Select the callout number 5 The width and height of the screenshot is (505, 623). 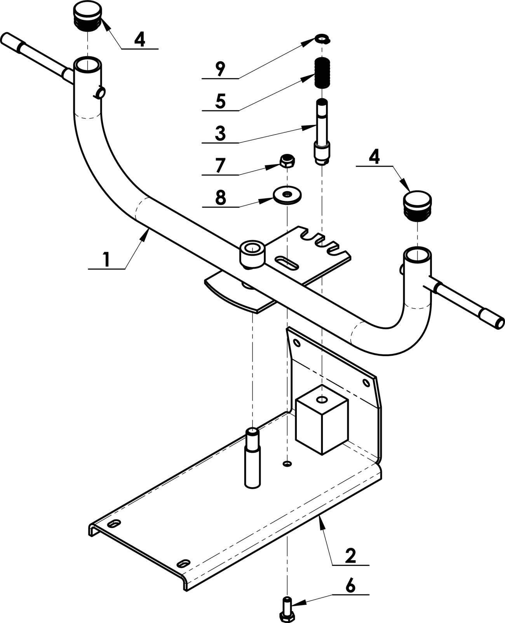[220, 101]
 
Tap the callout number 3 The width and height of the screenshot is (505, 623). [220, 133]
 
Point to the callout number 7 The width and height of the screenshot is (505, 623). [220, 166]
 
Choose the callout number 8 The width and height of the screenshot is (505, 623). [221, 197]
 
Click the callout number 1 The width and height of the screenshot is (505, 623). [106, 260]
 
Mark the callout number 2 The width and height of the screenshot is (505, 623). [350, 556]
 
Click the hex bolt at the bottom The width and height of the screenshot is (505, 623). [287, 609]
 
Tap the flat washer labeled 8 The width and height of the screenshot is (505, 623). [287, 194]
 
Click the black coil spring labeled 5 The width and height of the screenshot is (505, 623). [322, 73]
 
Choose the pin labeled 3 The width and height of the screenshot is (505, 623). [322, 132]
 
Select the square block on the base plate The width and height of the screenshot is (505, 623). [322, 420]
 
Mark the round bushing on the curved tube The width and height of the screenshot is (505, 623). [252, 254]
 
